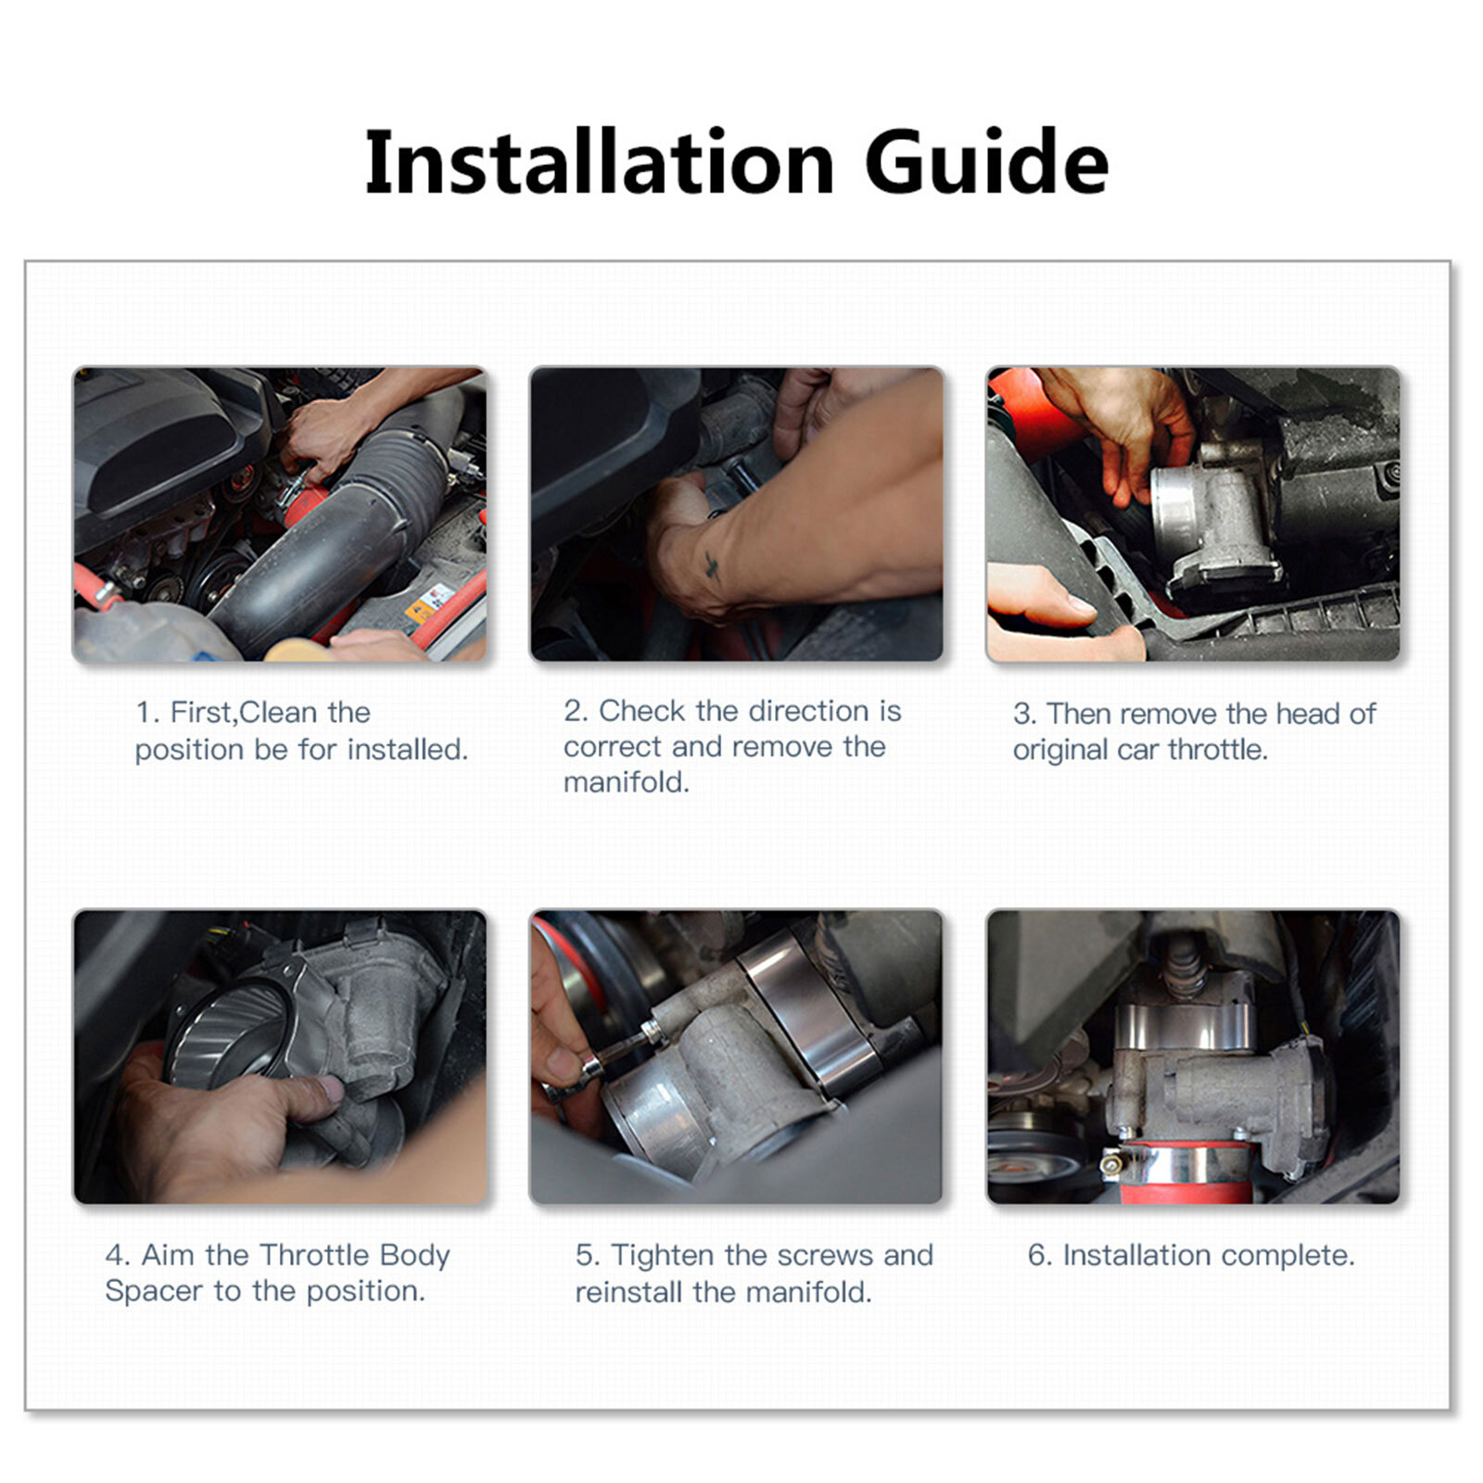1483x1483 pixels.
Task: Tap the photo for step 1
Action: (x=280, y=514)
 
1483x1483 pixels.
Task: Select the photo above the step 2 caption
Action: (x=737, y=514)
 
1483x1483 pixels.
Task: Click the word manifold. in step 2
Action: (x=627, y=782)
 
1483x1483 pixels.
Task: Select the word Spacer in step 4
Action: (x=154, y=1291)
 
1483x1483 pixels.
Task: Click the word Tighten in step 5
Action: (x=664, y=1255)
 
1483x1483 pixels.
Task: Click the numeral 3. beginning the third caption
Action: (x=1024, y=714)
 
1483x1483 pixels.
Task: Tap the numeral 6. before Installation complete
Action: (x=1040, y=1256)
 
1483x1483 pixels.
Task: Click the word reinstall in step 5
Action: (x=630, y=1292)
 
